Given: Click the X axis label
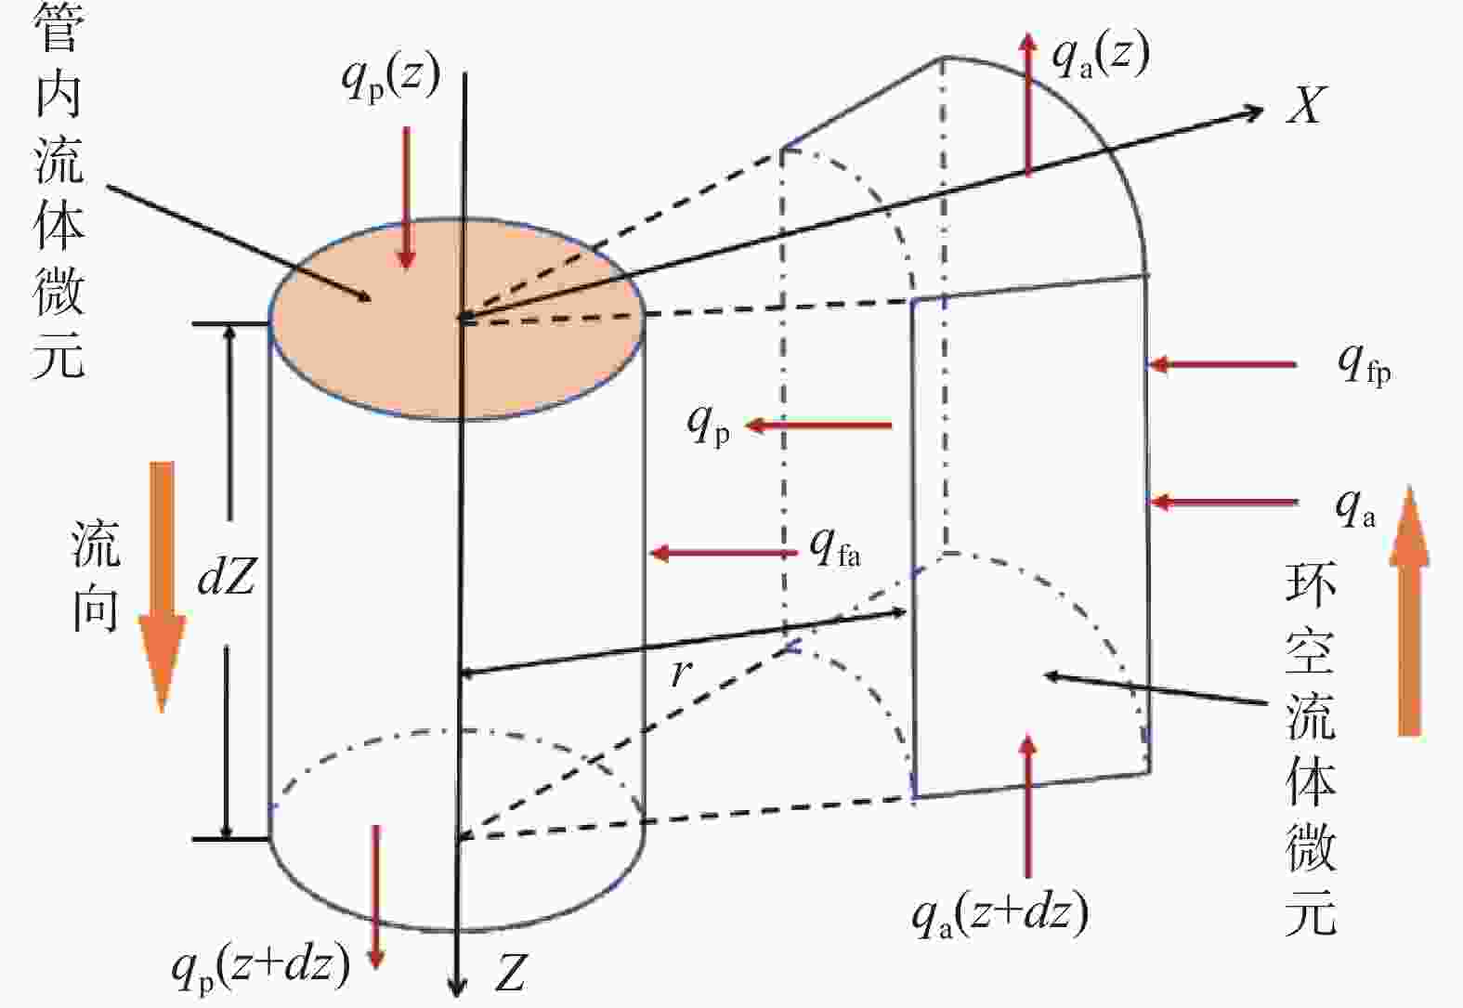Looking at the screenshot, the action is coord(1307,105).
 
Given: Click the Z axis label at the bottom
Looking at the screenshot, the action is coord(510,973).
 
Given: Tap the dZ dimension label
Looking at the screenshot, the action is coord(226,575).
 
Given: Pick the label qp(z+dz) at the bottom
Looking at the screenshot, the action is coord(261,968).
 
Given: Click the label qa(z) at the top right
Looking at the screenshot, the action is coord(1101,56).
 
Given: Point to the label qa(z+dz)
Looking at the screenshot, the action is coord(999,914).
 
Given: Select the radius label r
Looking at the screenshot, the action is coord(681,673).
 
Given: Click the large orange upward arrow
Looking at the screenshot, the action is coord(1409,611).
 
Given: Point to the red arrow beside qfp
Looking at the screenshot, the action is coord(1222,364).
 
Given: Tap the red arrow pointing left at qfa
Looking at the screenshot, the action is coord(724,554).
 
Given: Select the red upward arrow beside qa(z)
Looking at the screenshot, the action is coord(1028,104).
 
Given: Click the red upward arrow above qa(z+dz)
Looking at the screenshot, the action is coord(1028,805).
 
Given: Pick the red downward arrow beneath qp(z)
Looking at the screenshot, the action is coord(407,198).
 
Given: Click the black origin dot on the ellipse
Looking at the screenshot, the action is coord(465,319).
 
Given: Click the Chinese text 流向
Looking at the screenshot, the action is coord(96,575).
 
